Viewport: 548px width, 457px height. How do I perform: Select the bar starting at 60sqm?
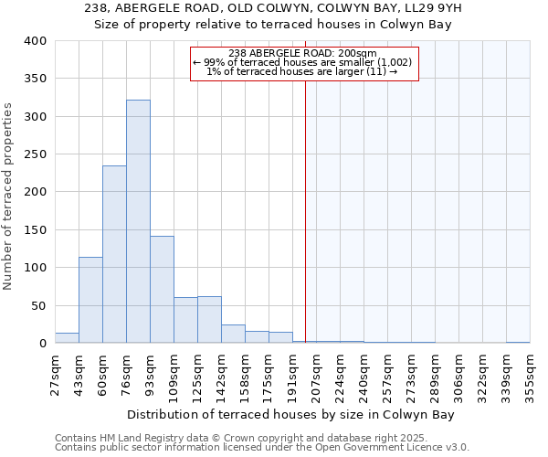[114, 254]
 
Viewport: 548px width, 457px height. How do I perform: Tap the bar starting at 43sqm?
[90, 300]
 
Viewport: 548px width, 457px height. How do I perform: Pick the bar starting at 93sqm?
[162, 289]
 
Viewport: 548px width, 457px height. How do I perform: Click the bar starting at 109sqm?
[185, 320]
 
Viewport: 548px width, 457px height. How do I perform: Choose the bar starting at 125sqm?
[209, 319]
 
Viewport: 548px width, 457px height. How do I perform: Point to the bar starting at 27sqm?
[67, 337]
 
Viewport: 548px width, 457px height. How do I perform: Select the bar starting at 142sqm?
[233, 334]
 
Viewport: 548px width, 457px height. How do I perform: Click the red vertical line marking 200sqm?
[305, 210]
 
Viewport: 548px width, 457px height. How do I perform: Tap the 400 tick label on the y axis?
[36, 41]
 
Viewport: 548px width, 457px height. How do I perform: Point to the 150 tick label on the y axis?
[36, 230]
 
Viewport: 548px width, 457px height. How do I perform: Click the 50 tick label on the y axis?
[38, 305]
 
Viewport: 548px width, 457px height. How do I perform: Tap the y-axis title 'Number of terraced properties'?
[9, 197]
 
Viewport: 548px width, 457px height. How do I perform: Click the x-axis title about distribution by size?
[291, 414]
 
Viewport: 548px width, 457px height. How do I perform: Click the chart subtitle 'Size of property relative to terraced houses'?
[274, 25]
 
